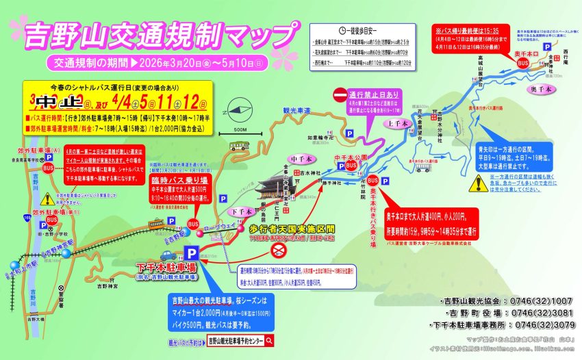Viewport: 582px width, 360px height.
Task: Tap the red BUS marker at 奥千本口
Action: (523, 62)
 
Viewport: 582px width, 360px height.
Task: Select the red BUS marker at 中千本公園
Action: (351, 165)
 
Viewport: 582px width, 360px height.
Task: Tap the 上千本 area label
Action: (398, 124)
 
